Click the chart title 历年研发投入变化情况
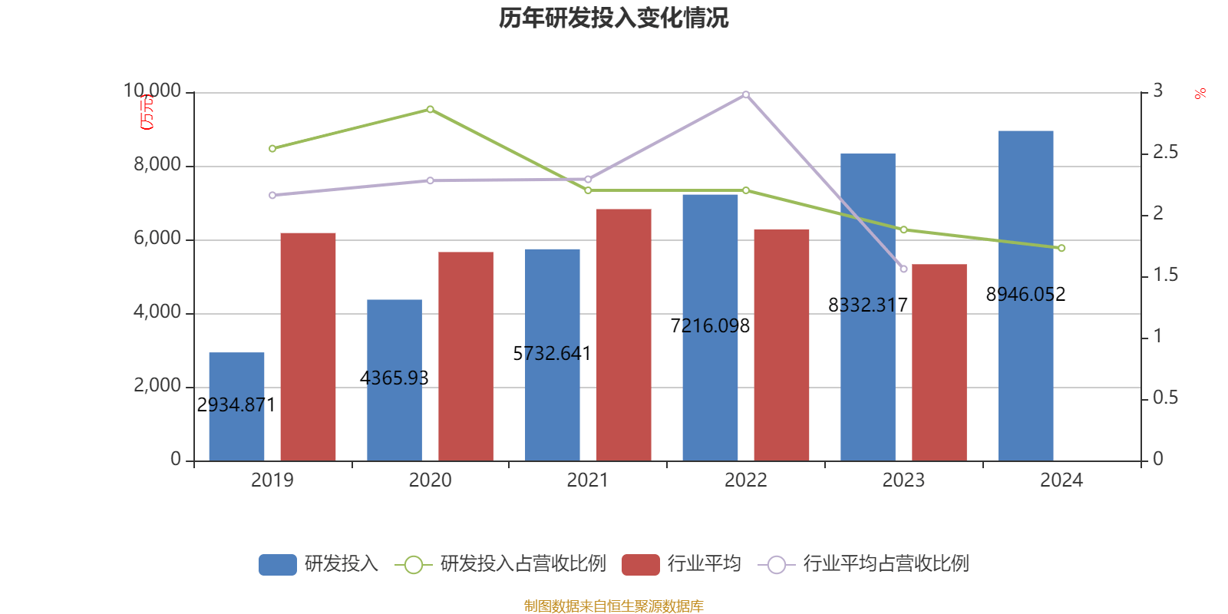point(613,18)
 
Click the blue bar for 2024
point(1025,368)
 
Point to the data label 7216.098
point(710,325)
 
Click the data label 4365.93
point(394,378)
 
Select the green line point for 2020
point(430,109)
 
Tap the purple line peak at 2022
point(745,94)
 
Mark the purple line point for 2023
point(903,269)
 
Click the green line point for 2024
point(1061,248)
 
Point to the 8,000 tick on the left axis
point(157,164)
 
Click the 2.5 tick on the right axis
point(1165,153)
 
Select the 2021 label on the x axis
point(587,480)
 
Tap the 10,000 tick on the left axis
point(152,91)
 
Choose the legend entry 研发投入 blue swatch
point(277,564)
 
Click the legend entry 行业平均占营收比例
point(885,564)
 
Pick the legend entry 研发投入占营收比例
point(522,564)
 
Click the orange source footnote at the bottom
point(613,606)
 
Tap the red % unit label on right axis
point(1200,94)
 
